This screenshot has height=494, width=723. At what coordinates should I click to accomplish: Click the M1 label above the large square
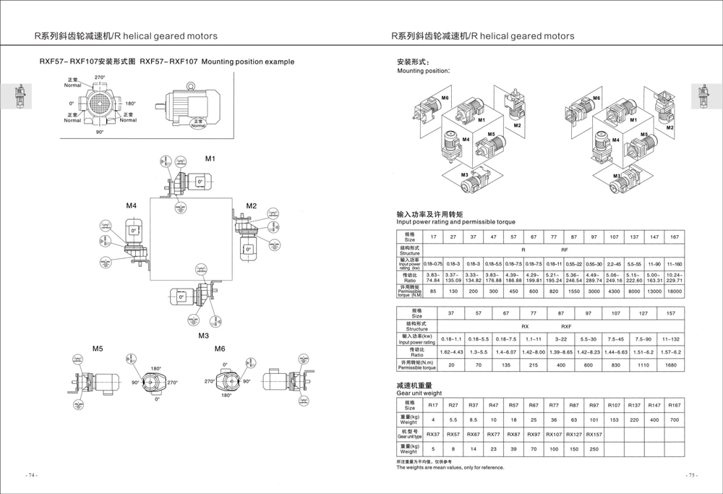point(210,158)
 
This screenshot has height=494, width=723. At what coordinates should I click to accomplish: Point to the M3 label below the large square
point(204,336)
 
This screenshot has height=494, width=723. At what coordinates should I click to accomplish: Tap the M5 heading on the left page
point(98,349)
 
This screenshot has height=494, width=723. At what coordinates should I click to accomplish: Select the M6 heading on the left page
point(221,349)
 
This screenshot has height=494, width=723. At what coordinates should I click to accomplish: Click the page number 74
point(31,475)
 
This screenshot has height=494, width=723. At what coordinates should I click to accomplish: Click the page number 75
point(692,475)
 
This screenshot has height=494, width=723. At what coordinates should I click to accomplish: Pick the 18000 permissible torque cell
point(675,291)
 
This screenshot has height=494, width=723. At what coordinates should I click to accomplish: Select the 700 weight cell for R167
point(675,420)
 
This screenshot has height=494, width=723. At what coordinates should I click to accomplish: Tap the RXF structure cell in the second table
point(566,327)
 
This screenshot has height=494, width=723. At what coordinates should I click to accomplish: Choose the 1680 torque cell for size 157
point(671,365)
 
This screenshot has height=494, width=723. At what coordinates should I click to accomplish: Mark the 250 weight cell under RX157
point(594,449)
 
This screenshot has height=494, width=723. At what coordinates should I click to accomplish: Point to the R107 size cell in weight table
point(614,405)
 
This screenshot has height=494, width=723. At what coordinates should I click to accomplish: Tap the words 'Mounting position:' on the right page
point(424,71)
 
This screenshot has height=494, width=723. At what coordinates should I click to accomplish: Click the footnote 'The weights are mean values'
point(450,467)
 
